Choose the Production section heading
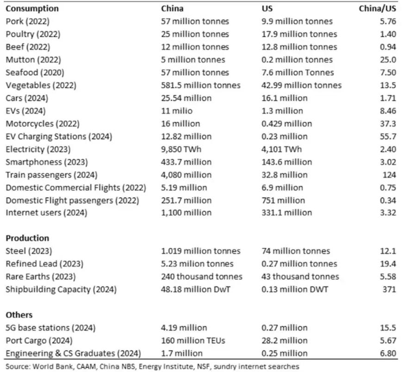pyautogui.click(x=27, y=238)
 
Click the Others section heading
pyautogui.click(x=19, y=315)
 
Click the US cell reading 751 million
pyautogui.click(x=283, y=201)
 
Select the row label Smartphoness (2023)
pyautogui.click(x=41, y=162)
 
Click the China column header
pyautogui.click(x=172, y=8)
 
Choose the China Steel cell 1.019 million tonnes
pyautogui.click(x=200, y=251)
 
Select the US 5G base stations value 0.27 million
pyautogui.click(x=284, y=328)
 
